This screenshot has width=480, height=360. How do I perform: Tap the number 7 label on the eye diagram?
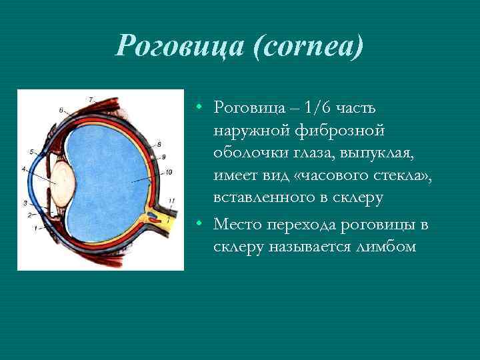[x=90, y=99]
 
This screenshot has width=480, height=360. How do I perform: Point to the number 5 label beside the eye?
[x=32, y=151]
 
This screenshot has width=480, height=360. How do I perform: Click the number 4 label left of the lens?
[x=24, y=169]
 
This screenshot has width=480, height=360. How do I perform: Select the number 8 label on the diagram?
[x=159, y=144]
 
